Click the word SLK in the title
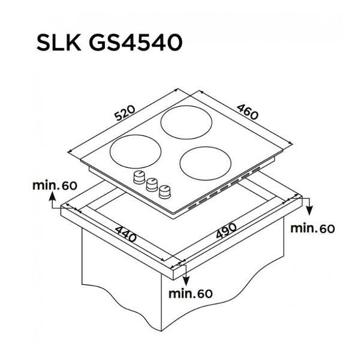click(x=59, y=42)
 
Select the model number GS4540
click(x=136, y=42)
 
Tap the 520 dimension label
click(x=125, y=113)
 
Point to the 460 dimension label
click(x=247, y=112)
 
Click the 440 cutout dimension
click(x=125, y=234)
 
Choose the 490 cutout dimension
click(x=226, y=230)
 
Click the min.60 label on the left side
click(x=55, y=185)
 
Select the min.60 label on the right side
click(x=313, y=229)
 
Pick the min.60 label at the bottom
click(x=191, y=293)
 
